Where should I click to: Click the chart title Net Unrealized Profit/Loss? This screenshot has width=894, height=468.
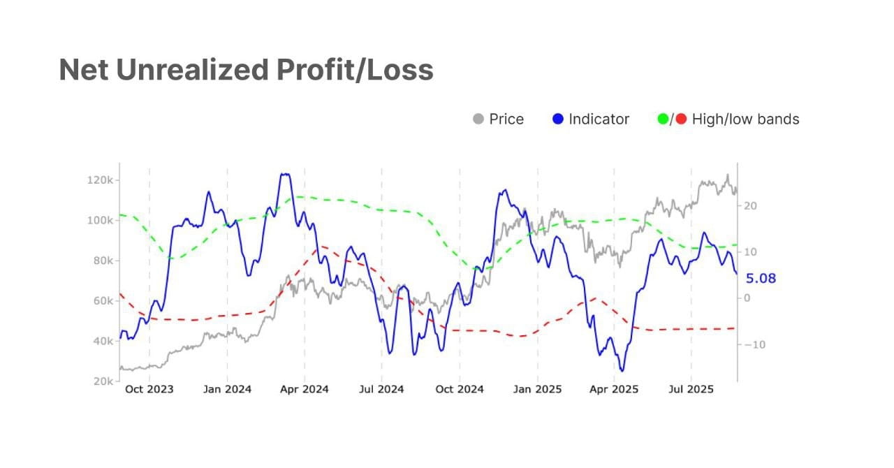[x=246, y=70]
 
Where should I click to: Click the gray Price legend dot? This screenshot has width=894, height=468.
[x=478, y=119]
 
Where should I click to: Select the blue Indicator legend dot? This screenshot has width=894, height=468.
[x=557, y=119]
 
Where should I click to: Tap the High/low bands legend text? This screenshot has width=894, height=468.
[x=745, y=119]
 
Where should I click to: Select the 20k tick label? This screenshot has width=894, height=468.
[x=102, y=382]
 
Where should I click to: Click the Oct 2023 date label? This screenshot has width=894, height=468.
[x=149, y=389]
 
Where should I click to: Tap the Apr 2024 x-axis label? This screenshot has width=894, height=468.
[x=305, y=389]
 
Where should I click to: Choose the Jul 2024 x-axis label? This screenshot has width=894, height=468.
[x=381, y=389]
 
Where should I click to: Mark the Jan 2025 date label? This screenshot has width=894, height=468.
[x=537, y=389]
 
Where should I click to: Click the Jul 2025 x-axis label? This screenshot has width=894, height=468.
[x=691, y=389]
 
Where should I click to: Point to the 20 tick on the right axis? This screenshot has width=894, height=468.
[x=752, y=206]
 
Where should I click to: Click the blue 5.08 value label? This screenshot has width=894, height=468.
[x=761, y=279]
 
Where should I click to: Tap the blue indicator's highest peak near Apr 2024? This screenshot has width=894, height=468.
[x=284, y=175]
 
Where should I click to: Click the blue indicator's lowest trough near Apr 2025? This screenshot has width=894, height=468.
[x=622, y=371]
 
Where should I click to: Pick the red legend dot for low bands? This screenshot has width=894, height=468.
[x=681, y=119]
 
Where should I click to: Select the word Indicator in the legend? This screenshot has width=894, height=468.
[x=599, y=119]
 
